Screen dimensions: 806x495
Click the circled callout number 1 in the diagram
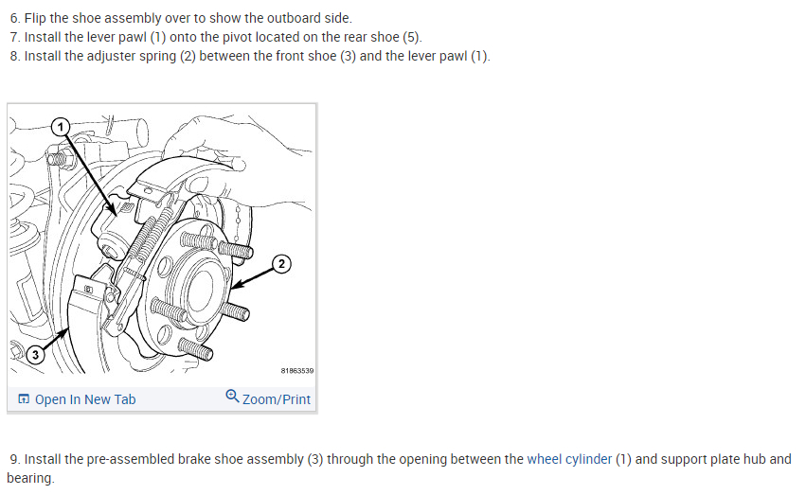61,126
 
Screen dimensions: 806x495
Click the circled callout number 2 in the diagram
281,264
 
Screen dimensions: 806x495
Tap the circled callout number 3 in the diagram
35,355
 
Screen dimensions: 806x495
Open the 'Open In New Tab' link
85,399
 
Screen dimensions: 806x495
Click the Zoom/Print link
277,399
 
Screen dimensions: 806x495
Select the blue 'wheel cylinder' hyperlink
569,459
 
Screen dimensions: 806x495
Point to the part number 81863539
297,371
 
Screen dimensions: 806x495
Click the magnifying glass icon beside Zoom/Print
232,396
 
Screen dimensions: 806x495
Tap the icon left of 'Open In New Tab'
24,399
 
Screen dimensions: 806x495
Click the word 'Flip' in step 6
35,19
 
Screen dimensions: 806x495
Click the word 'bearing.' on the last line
30,478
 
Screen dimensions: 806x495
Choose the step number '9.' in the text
15,459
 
